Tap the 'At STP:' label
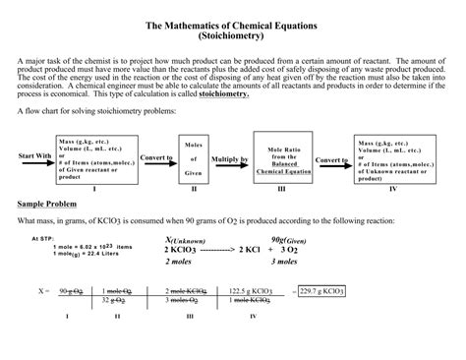pyautogui.click(x=42, y=238)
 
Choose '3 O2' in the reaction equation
pyautogui.click(x=313, y=251)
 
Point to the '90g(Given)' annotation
pyautogui.click(x=312, y=239)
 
